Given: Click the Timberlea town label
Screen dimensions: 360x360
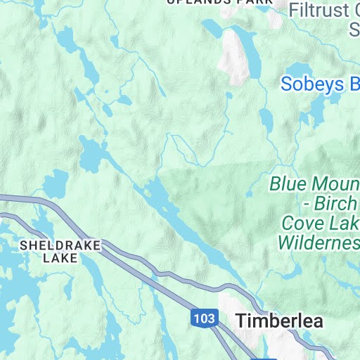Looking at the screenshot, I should pos(279,321).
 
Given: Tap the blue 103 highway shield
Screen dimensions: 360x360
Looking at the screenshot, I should pos(203,319).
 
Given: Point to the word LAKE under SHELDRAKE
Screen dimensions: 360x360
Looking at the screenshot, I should pos(60,258).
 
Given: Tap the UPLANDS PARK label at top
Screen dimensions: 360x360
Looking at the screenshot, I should pos(219,2).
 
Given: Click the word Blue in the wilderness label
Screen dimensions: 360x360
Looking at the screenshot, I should pos(290,185).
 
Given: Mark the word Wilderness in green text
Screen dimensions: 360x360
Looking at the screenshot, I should pos(319,243).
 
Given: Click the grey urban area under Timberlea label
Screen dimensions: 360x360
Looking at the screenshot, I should pos(281,345).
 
